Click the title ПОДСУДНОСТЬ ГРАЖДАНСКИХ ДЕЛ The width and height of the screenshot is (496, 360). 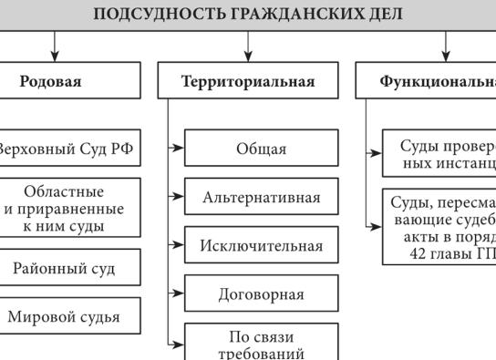(x=248, y=14)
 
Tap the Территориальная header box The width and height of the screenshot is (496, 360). (x=248, y=81)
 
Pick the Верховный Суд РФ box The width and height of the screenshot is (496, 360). (x=68, y=149)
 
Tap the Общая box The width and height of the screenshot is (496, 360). (x=261, y=149)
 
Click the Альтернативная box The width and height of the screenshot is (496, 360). (x=261, y=198)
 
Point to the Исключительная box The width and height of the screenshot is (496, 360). (x=261, y=246)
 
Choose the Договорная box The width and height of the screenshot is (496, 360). (x=261, y=294)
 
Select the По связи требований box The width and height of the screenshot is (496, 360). (x=261, y=343)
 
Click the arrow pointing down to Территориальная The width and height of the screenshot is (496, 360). (x=248, y=47)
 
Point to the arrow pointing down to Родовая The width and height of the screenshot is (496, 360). (x=56, y=47)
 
